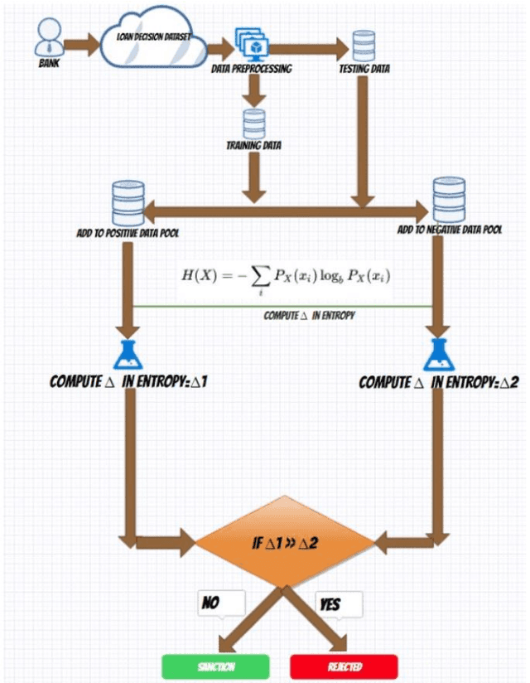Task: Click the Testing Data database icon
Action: click(x=363, y=46)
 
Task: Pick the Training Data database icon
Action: click(x=253, y=123)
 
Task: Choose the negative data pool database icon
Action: click(x=449, y=199)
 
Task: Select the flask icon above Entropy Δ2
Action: click(x=438, y=354)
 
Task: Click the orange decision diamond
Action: click(x=286, y=543)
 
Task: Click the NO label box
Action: click(x=220, y=603)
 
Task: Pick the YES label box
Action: click(x=339, y=604)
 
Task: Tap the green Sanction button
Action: click(x=215, y=666)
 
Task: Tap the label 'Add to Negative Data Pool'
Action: click(x=449, y=229)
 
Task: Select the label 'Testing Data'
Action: click(x=364, y=70)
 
